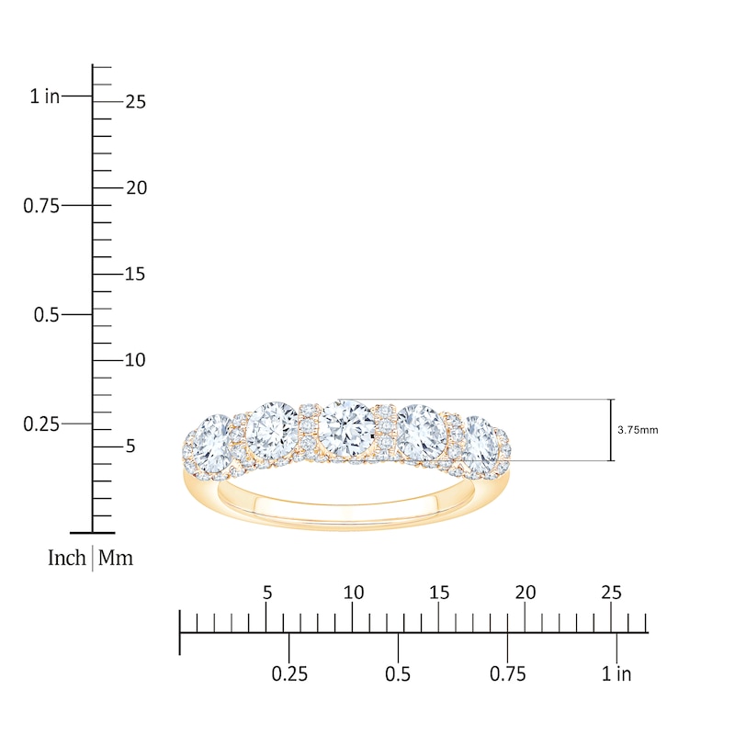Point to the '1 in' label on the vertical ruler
point(44,96)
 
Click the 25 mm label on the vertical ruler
point(135,102)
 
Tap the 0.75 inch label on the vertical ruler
point(41,206)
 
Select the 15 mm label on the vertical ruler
point(135,274)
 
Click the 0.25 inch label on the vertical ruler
point(41,424)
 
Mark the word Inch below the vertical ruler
point(67,558)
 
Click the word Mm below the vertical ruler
point(116,558)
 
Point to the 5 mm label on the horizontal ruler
point(267,593)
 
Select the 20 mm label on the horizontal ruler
point(526,593)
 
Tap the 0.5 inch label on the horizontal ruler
point(398,674)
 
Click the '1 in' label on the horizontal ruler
point(616,674)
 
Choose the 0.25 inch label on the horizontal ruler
point(289,674)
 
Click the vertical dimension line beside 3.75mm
point(612,430)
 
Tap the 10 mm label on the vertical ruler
point(135,360)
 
